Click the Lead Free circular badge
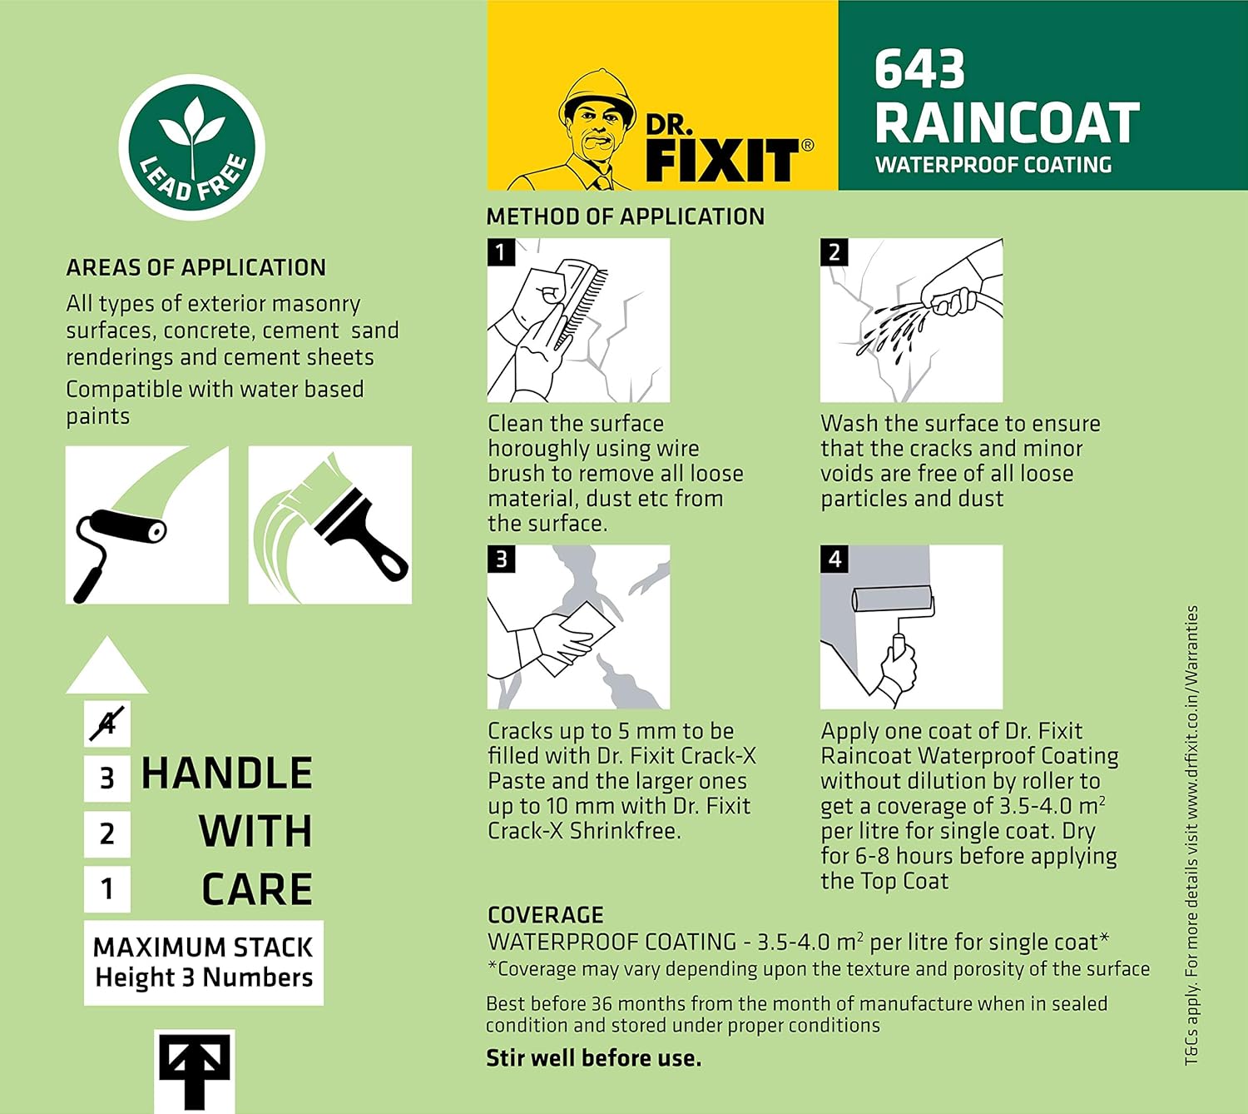[191, 148]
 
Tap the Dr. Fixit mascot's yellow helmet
[597, 91]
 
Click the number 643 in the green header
[919, 69]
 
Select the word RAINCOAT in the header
[1007, 123]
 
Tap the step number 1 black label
[501, 252]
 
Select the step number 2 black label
[834, 252]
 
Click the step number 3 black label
[501, 559]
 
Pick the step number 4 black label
[834, 559]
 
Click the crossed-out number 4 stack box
[107, 724]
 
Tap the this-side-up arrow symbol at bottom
[194, 1070]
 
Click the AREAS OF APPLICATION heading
[196, 267]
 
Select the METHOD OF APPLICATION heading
[625, 216]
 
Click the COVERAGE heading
[545, 915]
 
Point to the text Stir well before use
[593, 1058]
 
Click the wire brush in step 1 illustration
[582, 300]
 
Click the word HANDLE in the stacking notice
[226, 773]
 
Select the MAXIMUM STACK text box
[204, 962]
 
